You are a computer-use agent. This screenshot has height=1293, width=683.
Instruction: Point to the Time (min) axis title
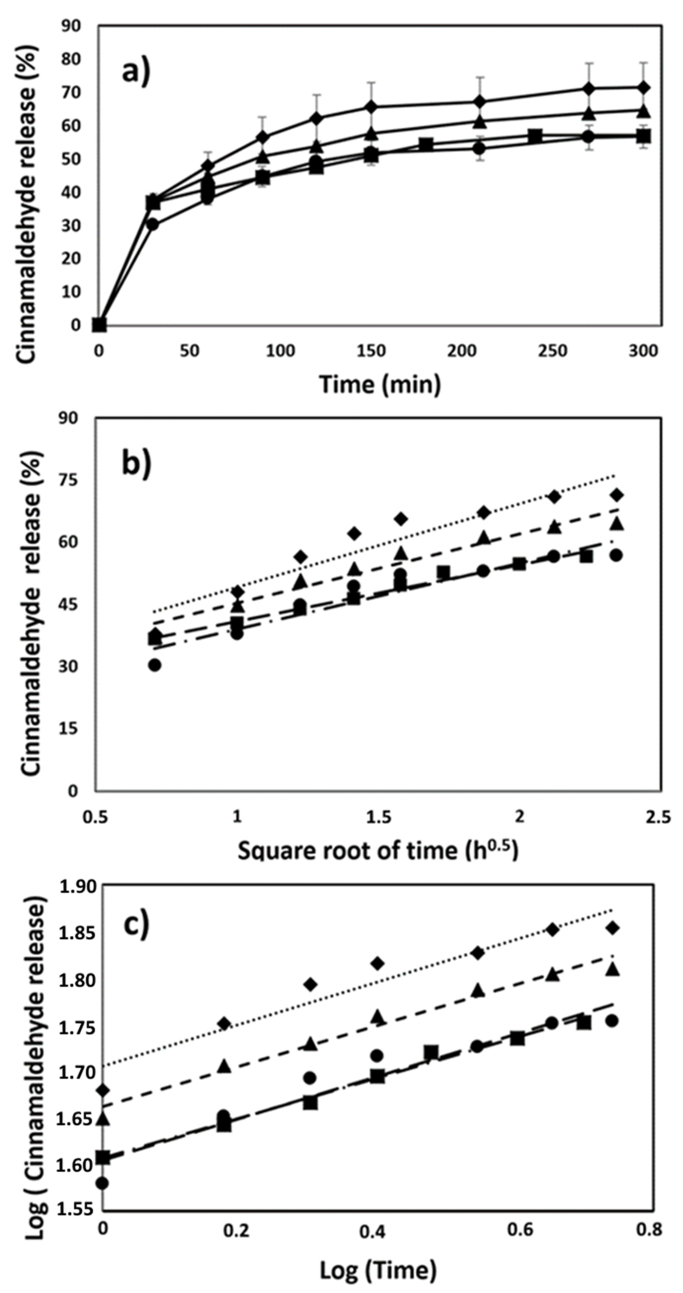380,385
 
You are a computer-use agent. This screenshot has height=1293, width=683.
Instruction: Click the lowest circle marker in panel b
154,665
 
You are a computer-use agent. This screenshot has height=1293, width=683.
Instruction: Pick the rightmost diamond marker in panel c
612,928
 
